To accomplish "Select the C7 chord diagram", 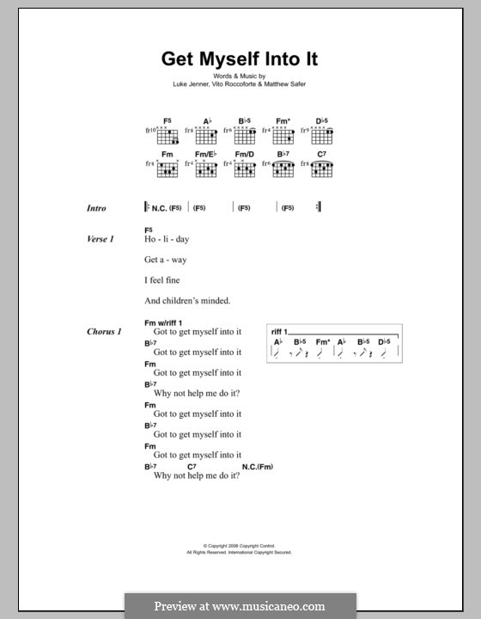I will (x=321, y=169).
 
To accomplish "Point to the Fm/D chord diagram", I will (x=245, y=169).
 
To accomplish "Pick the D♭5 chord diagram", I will (x=321, y=137).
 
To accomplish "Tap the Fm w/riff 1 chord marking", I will (x=169, y=322).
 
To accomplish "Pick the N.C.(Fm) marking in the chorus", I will (x=259, y=467).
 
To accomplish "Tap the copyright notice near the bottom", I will (x=240, y=549).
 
